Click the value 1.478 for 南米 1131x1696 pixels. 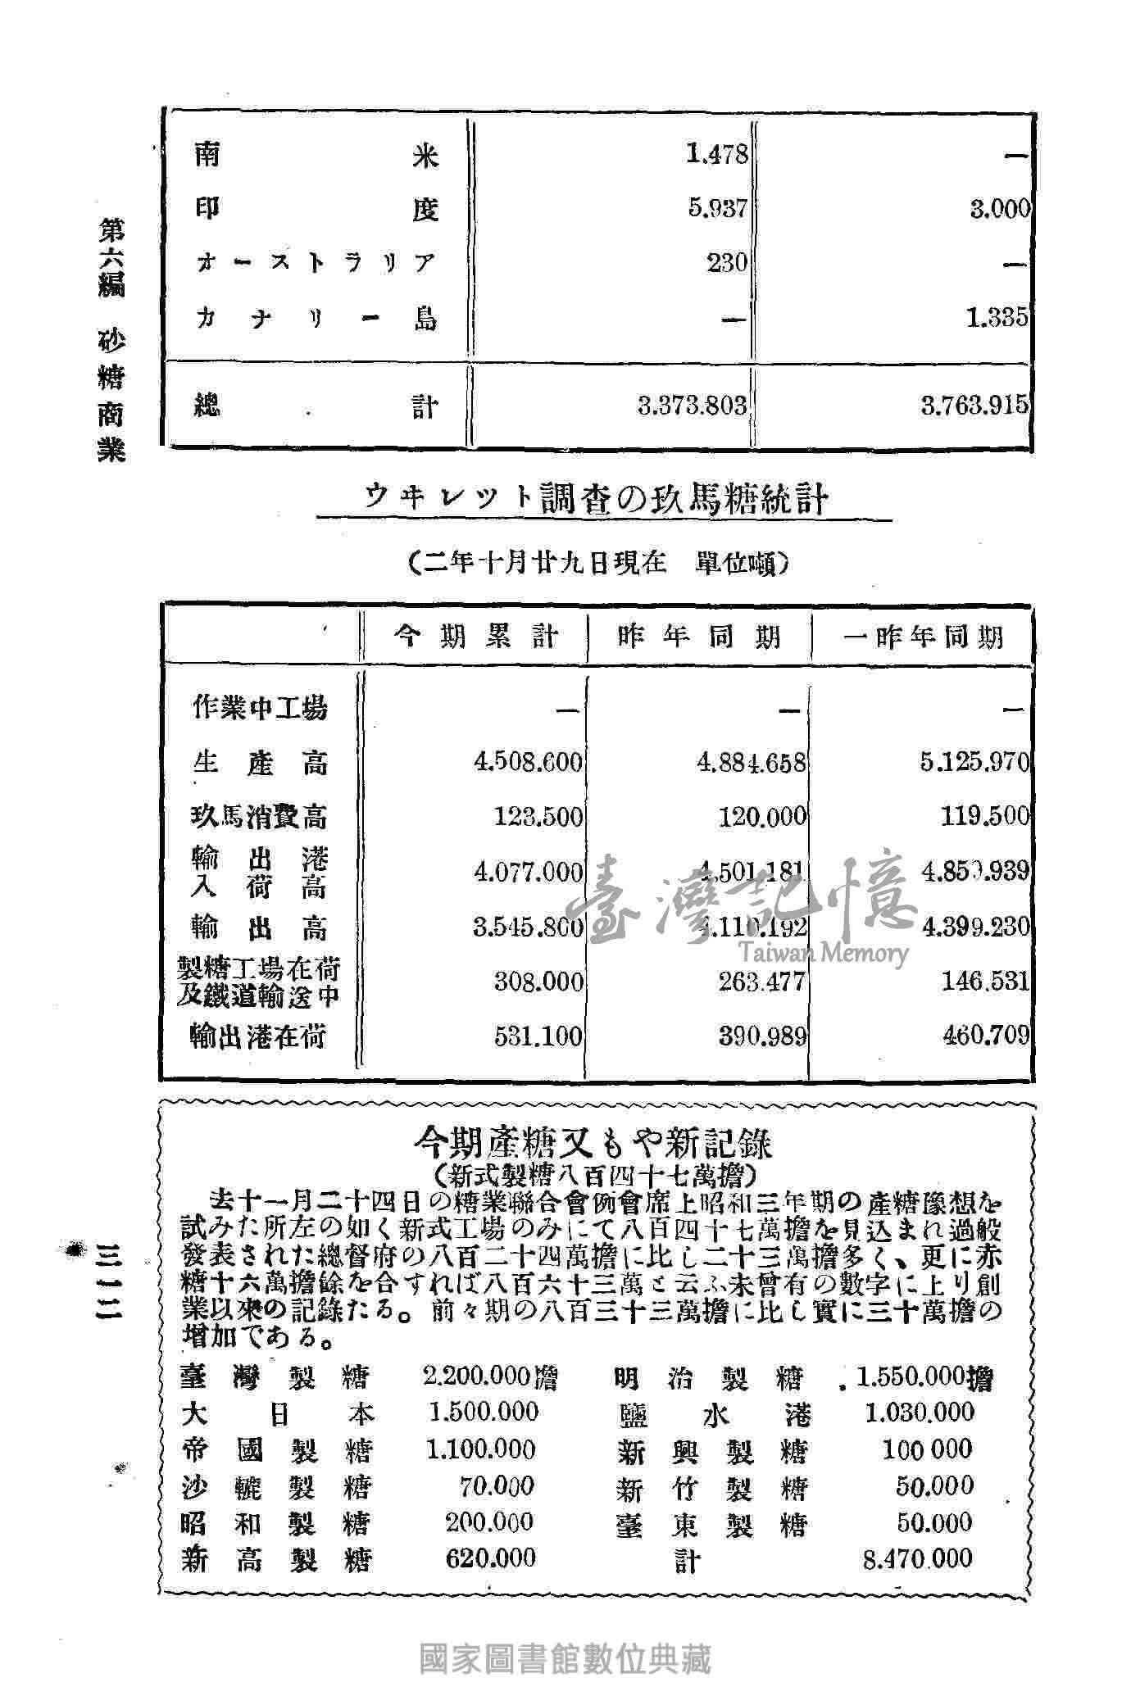[x=717, y=154]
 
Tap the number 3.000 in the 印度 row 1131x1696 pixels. [x=1000, y=209]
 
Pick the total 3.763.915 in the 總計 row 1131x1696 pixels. [x=974, y=406]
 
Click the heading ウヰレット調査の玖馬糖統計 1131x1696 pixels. [x=596, y=497]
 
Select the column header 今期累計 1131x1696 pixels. [x=476, y=637]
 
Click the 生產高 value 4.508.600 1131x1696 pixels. [x=529, y=762]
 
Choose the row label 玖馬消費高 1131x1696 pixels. [x=260, y=816]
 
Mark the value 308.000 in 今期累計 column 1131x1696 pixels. [x=538, y=982]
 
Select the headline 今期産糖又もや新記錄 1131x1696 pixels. [x=594, y=1141]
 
